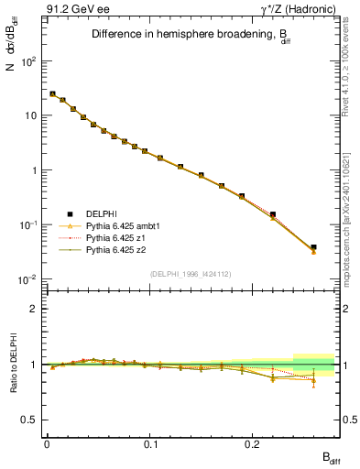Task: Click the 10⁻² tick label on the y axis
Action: pos(28,279)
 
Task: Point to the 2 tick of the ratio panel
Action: pos(33,309)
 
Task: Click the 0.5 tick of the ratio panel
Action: pos(30,420)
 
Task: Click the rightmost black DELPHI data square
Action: pos(313,247)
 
